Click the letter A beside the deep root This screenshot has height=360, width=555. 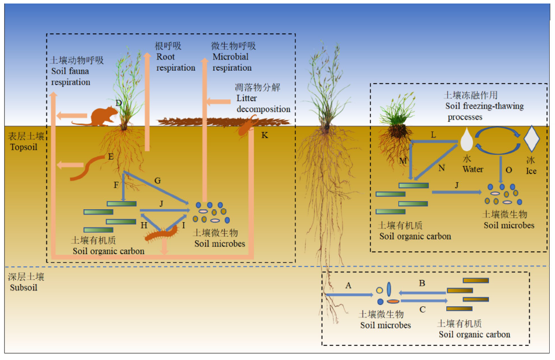(x=349, y=285)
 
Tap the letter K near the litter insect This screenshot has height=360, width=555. (x=265, y=136)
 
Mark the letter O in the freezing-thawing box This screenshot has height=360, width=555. (x=509, y=169)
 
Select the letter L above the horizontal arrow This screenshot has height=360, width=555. (x=433, y=135)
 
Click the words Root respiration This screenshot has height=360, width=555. (x=175, y=63)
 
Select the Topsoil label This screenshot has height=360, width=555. (x=23, y=141)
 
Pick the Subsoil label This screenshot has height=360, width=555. (x=23, y=282)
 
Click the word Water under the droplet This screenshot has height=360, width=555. (x=473, y=169)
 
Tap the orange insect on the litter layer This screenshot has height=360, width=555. (x=247, y=126)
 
